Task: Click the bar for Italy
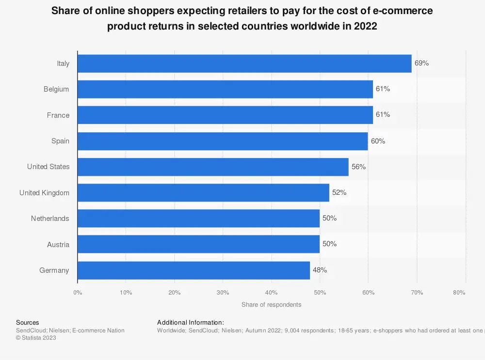[x=244, y=63]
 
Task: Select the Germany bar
[x=194, y=270]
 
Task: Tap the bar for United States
[x=213, y=167]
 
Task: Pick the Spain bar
[x=223, y=141]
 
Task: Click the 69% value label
[x=421, y=63]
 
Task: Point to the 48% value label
[x=320, y=270]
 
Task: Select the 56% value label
[x=358, y=167]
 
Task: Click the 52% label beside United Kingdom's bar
[x=339, y=193]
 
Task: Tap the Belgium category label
[x=56, y=89]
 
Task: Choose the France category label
[x=58, y=115]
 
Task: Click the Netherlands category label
[x=50, y=219]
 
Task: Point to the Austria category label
[x=58, y=245]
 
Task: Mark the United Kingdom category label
[x=44, y=193]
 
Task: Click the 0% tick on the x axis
[x=78, y=293]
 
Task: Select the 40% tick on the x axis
[x=271, y=293]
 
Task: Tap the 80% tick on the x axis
[x=459, y=293]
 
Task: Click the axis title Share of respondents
[x=271, y=305]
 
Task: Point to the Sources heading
[x=28, y=322]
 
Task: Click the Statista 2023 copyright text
[x=36, y=338]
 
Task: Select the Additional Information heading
[x=191, y=322]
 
